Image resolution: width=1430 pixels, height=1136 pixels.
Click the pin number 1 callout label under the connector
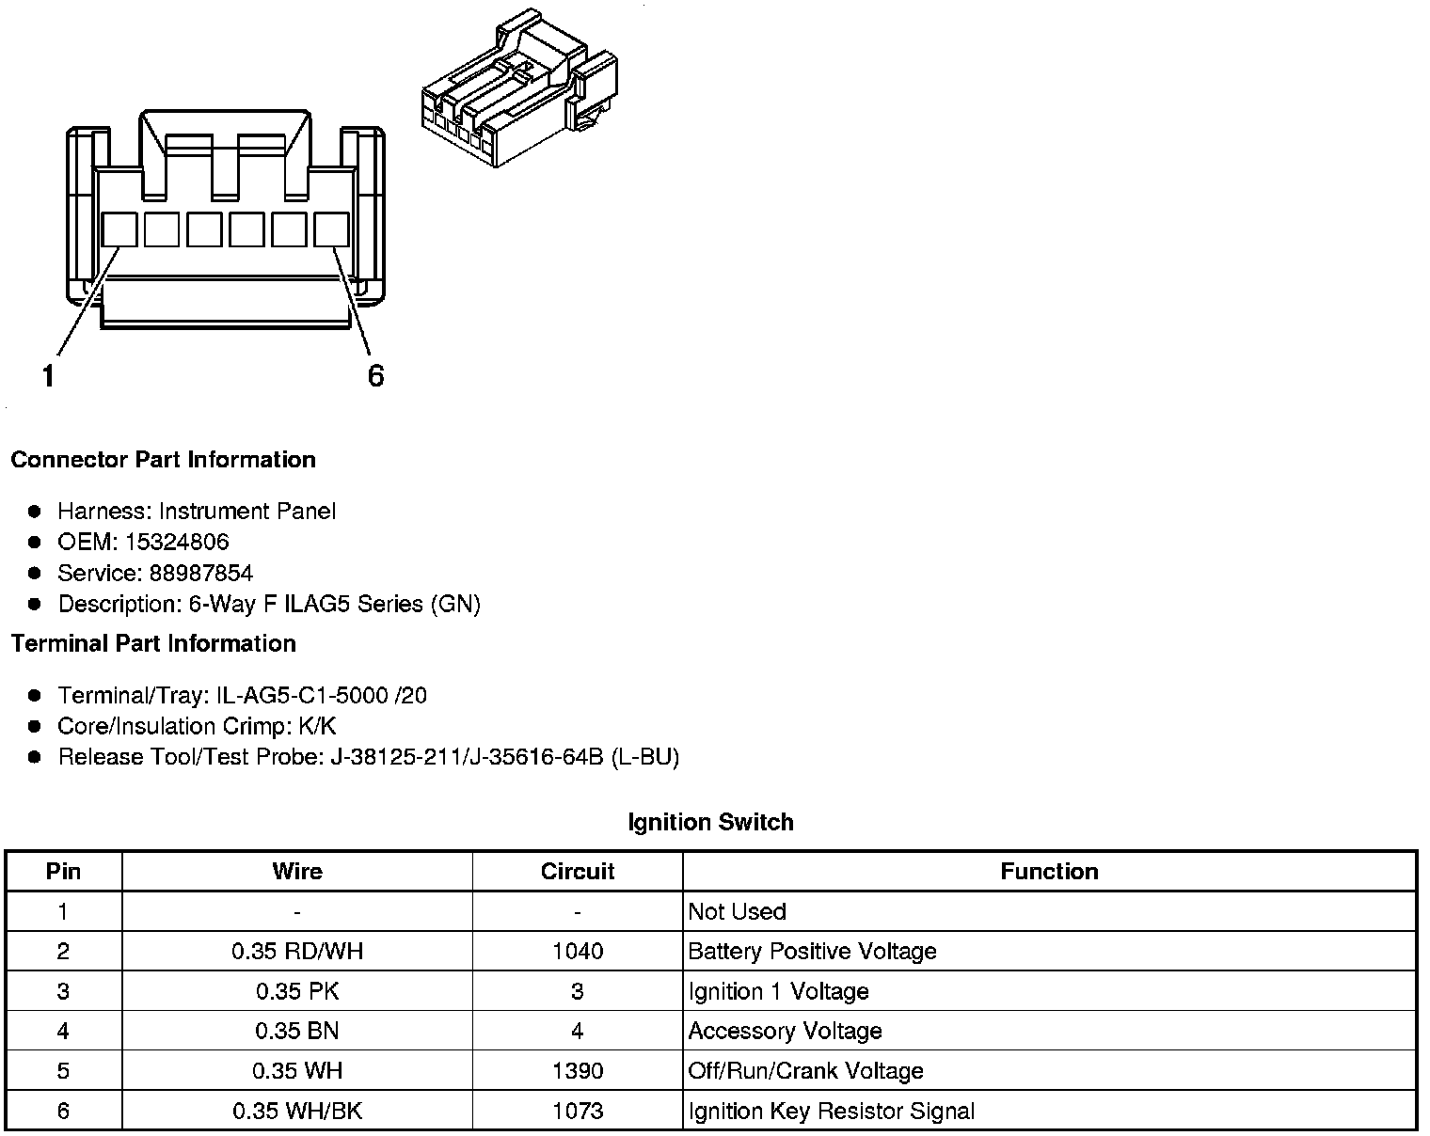tap(48, 376)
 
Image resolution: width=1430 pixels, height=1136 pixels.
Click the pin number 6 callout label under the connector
tap(375, 376)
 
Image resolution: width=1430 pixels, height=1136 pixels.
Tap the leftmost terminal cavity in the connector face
tap(119, 229)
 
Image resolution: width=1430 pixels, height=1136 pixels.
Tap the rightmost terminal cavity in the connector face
tap(331, 229)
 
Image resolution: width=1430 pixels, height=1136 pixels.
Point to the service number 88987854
tap(201, 573)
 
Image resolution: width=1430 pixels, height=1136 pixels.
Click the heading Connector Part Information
tap(163, 460)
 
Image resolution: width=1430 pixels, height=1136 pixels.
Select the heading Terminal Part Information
tap(153, 643)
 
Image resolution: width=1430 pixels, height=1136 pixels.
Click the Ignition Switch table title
tap(710, 822)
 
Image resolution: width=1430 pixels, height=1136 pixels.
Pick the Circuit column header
tap(577, 871)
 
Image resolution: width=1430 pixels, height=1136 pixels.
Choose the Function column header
tap(1049, 871)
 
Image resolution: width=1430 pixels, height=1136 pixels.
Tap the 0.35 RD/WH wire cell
tap(297, 951)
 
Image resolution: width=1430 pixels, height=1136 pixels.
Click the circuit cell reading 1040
tap(577, 951)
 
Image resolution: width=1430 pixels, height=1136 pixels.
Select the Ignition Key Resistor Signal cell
tap(831, 1111)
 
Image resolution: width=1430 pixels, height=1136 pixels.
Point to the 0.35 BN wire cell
tap(297, 1031)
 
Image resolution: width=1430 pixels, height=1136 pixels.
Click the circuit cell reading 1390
tap(577, 1070)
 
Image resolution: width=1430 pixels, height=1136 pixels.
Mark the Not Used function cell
tap(737, 911)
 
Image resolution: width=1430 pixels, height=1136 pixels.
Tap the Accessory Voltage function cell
tap(785, 1031)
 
